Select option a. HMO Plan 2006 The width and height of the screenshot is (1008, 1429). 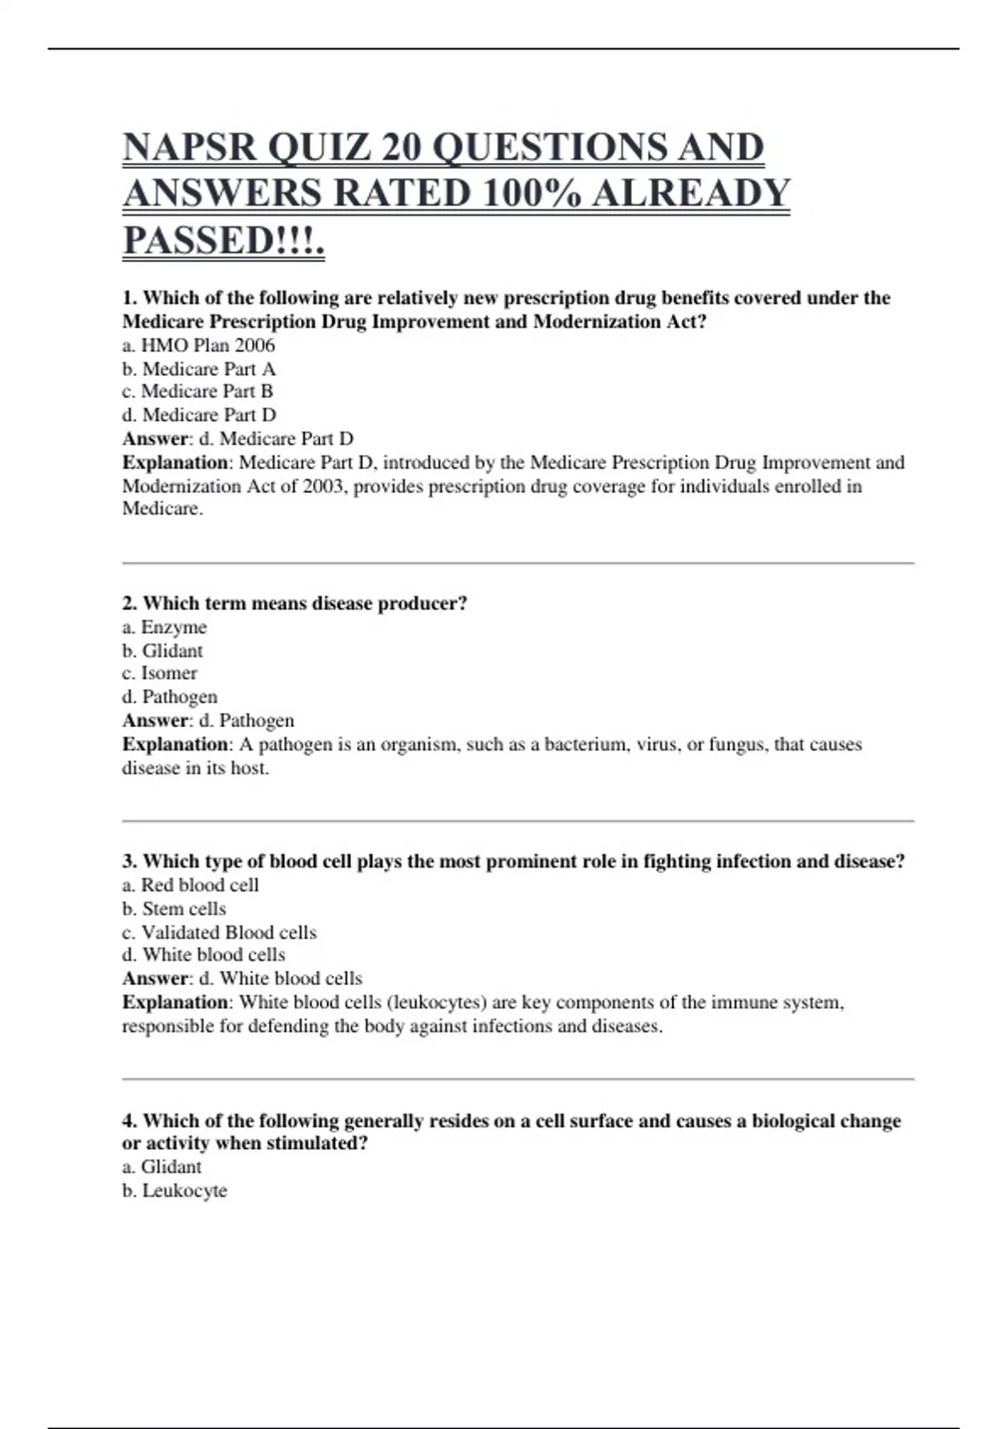tap(198, 345)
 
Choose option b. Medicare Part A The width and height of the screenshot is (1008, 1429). tap(198, 369)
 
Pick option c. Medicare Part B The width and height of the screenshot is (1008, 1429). tap(197, 392)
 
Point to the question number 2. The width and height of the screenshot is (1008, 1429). tap(129, 604)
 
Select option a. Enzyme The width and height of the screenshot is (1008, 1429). tap(165, 627)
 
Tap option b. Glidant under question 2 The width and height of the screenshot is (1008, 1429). tap(162, 651)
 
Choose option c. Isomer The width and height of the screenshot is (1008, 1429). tap(160, 673)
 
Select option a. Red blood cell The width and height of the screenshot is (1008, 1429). tap(190, 885)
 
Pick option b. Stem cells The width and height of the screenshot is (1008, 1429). tap(174, 909)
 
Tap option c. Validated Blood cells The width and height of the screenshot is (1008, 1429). tap(218, 932)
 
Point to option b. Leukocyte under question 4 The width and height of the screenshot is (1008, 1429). tap(175, 1191)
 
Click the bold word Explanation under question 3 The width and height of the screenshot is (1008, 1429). tap(175, 1003)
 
